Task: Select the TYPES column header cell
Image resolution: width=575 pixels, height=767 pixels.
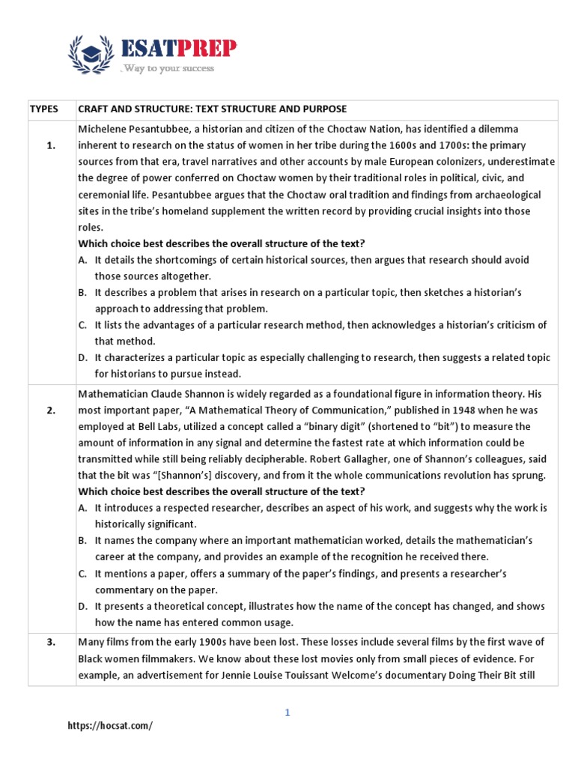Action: [43, 109]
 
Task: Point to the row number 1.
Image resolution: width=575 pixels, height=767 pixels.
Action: [51, 145]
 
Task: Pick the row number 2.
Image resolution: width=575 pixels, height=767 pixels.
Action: [51, 410]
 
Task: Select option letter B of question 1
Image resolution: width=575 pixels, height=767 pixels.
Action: [82, 292]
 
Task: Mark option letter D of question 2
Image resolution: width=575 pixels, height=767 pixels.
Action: [82, 606]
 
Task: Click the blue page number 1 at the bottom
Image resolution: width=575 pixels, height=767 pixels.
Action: [287, 712]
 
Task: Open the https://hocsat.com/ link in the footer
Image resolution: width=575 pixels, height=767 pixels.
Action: [109, 726]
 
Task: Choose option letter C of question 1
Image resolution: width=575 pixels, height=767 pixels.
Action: [82, 325]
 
